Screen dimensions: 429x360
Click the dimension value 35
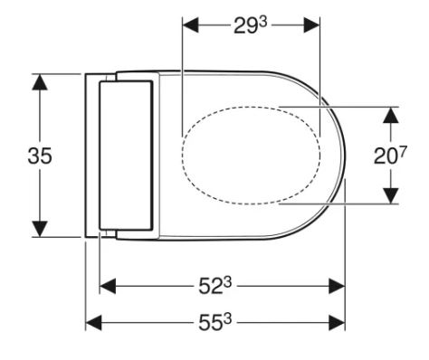(x=40, y=156)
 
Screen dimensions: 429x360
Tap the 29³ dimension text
(x=251, y=25)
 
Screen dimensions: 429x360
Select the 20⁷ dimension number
(x=390, y=156)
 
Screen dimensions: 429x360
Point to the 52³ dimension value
(x=214, y=286)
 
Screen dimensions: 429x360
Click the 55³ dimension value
(x=214, y=323)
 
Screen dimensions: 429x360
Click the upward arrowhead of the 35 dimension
(x=40, y=81)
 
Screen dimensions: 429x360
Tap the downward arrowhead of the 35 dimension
(x=40, y=229)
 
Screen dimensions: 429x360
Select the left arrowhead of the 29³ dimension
(x=191, y=25)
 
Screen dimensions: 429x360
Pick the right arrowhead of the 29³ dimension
(x=311, y=25)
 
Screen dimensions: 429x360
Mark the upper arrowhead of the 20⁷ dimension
(x=391, y=115)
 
